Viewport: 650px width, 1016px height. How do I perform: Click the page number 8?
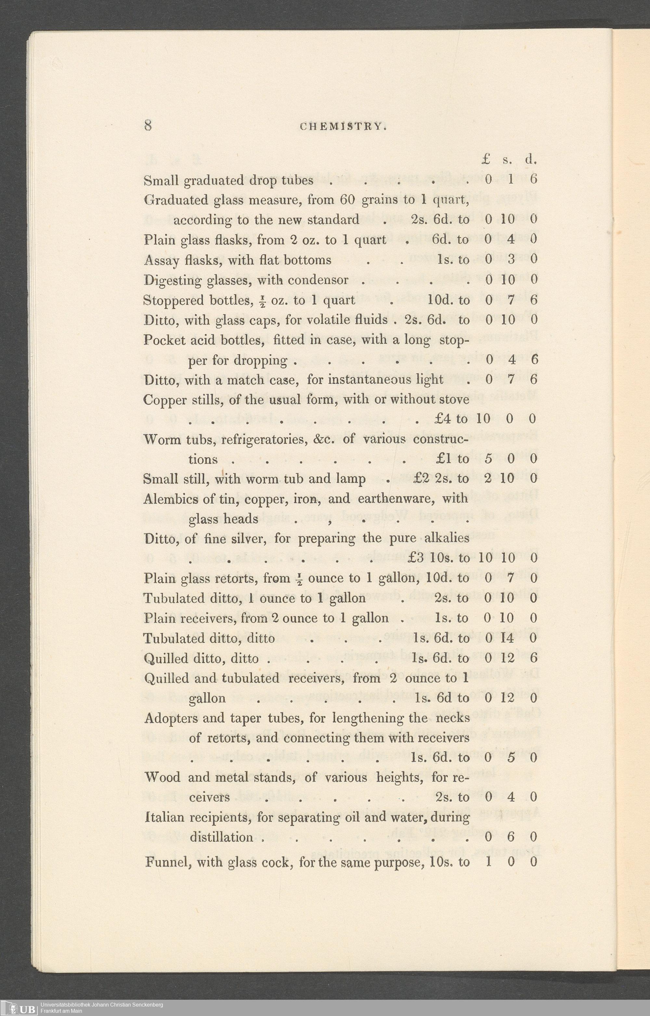(x=148, y=126)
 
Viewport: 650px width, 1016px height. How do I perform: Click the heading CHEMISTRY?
(x=343, y=126)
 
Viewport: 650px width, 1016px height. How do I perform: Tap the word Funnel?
(x=164, y=861)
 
